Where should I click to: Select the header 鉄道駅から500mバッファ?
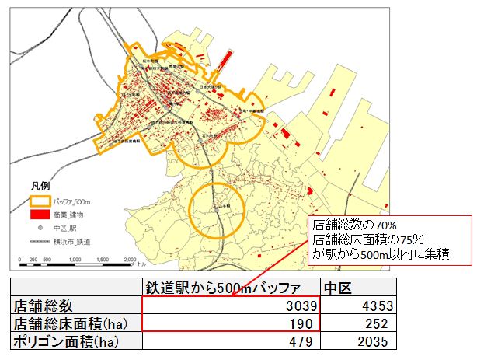point(231,288)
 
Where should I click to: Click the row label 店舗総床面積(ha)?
point(65,323)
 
